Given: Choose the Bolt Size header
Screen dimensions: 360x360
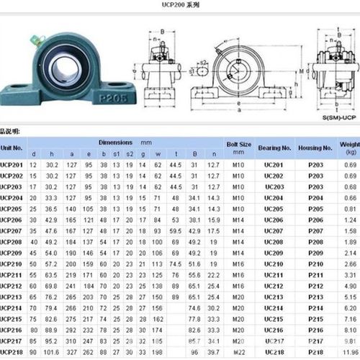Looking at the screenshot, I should click(239, 148).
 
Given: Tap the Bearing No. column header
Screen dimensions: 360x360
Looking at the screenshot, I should click(274, 148).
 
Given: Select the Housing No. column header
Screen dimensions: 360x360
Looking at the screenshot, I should click(315, 148).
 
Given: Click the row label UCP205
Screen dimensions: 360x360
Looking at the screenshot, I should click(12, 208).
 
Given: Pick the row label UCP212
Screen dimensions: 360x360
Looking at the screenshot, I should click(12, 286).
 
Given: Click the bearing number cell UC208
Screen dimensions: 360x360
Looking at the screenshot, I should click(274, 242).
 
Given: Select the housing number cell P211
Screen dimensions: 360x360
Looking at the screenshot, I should click(315, 275).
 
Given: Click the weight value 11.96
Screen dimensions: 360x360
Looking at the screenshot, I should click(350, 352).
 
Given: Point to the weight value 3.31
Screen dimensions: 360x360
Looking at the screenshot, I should click(350, 275).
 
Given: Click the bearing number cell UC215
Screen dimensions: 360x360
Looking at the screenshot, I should click(274, 319).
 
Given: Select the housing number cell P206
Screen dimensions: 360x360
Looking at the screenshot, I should click(315, 220).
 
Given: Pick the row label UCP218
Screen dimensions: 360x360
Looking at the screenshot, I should click(12, 352).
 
